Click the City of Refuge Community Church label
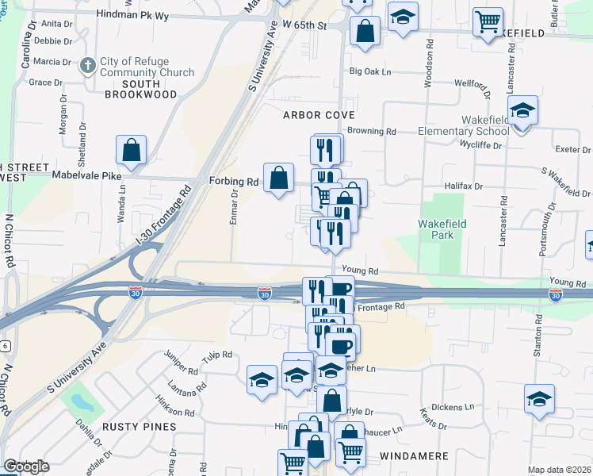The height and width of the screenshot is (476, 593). pos(147,67)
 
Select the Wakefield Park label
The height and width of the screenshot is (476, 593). pos(439,230)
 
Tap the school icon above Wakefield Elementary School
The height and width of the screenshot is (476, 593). pos(522,110)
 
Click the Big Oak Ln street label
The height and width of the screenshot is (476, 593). pos(371,72)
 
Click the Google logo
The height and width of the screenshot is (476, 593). pos(26,466)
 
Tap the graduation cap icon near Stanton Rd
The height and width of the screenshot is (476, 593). pos(539,399)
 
